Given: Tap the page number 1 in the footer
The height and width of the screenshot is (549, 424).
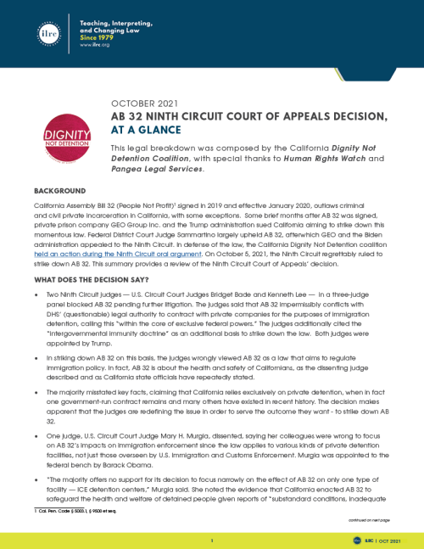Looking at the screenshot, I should click(213, 538).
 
